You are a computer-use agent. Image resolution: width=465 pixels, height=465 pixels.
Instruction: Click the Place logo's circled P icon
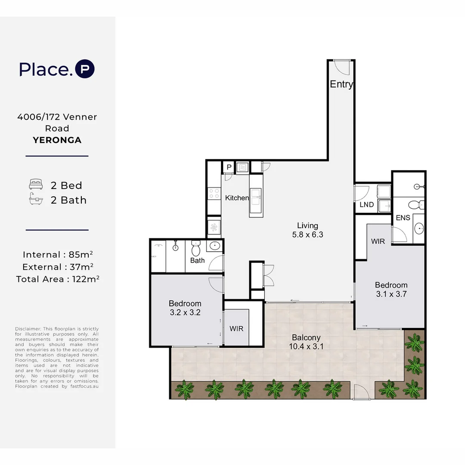click(x=85, y=69)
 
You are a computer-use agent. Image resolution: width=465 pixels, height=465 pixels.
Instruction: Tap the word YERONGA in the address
click(x=57, y=140)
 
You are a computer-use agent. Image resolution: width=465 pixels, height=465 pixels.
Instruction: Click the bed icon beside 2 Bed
click(x=36, y=184)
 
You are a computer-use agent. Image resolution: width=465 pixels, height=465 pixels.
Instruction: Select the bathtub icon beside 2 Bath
click(x=36, y=198)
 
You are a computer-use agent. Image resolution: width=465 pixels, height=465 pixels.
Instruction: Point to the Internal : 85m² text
click(x=58, y=254)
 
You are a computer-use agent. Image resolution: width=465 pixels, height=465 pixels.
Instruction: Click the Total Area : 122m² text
click(x=58, y=279)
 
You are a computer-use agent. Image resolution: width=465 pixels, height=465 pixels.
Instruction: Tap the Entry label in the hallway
click(x=341, y=84)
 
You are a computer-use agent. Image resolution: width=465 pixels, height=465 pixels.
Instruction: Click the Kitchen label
click(x=237, y=198)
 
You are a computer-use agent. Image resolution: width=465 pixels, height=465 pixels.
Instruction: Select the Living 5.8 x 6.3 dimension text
click(x=307, y=230)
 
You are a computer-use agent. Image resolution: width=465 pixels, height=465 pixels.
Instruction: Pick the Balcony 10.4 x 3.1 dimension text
click(x=306, y=342)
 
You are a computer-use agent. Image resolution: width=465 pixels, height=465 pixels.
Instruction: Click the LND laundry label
click(x=366, y=205)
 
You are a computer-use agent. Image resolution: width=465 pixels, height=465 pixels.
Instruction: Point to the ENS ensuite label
click(x=403, y=218)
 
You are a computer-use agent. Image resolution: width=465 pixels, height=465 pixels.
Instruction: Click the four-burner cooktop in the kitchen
click(x=214, y=194)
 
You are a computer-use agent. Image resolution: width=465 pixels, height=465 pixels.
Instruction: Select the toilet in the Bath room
click(x=196, y=248)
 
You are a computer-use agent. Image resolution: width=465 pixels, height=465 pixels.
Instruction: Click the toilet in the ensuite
click(x=416, y=205)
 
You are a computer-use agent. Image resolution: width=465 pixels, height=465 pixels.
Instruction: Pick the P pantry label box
click(x=229, y=167)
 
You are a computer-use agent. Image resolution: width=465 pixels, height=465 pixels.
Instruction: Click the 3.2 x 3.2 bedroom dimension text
click(x=185, y=313)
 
